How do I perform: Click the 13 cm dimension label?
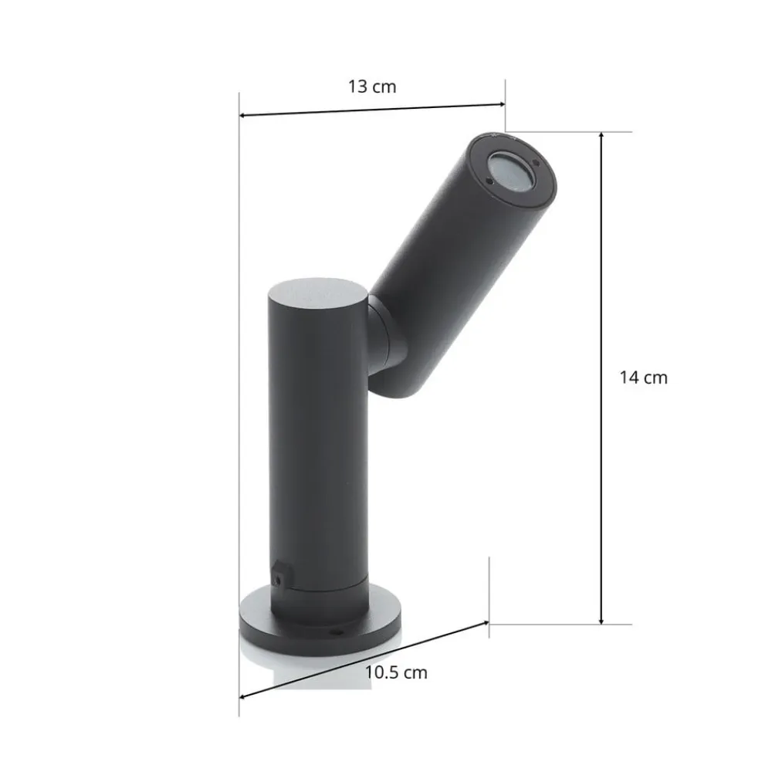[x=371, y=86]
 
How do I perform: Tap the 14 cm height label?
[x=643, y=378]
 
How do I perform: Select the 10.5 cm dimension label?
[x=395, y=672]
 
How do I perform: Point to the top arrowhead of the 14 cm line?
[x=601, y=135]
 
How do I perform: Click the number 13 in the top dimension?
[x=357, y=86]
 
